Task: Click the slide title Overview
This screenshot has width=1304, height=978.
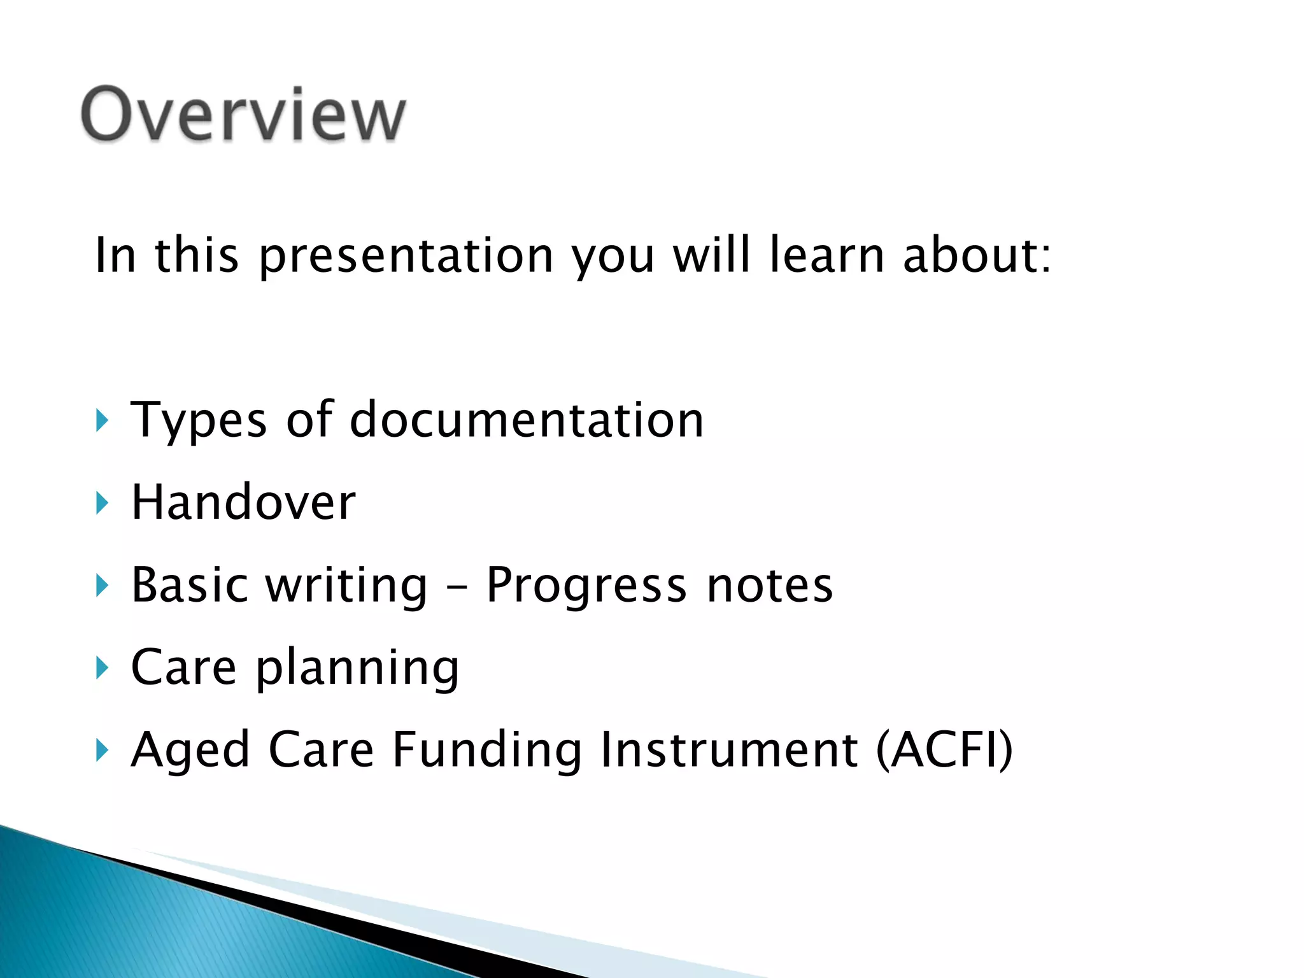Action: (243, 115)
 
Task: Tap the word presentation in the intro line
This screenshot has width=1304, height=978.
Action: (406, 256)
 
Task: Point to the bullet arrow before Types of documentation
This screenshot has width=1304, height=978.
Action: (102, 421)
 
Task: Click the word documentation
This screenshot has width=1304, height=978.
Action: (527, 420)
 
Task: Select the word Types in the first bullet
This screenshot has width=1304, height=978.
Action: (199, 421)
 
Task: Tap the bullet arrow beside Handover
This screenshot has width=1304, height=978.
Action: (102, 503)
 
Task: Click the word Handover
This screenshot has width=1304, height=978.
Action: (243, 503)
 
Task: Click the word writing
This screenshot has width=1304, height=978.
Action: (346, 586)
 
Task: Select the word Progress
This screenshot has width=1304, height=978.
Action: (586, 586)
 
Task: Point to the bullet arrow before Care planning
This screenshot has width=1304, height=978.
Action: (102, 668)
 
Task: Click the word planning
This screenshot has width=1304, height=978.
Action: (357, 668)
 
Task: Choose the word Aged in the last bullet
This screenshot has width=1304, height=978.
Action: (190, 750)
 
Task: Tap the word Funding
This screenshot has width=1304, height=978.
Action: (486, 750)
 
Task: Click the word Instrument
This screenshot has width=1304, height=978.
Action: (729, 750)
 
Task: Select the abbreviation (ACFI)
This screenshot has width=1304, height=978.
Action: (944, 750)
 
